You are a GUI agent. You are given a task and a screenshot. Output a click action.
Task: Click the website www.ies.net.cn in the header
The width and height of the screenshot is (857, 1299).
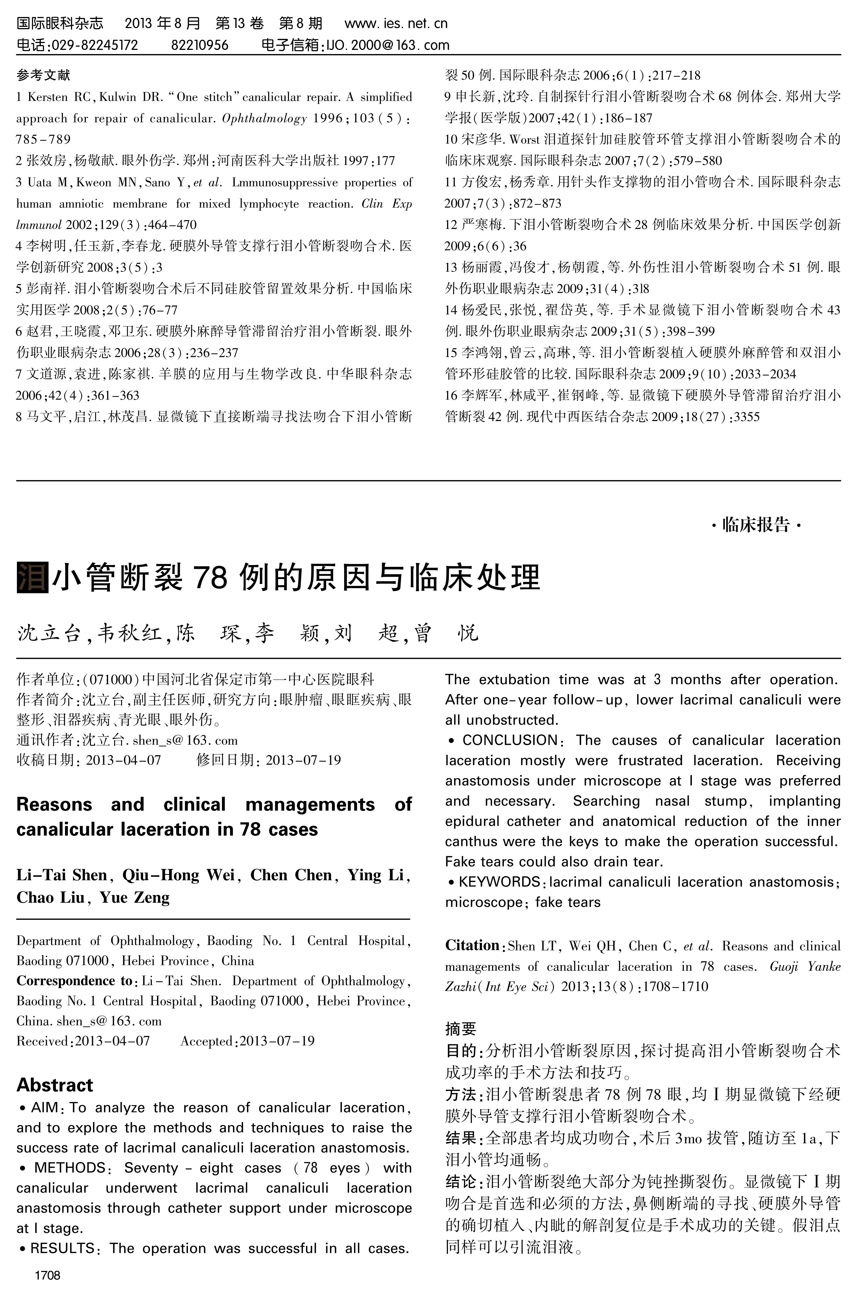click(x=396, y=23)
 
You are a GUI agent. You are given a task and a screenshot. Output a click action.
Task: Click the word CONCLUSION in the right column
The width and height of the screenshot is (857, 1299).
click(x=509, y=740)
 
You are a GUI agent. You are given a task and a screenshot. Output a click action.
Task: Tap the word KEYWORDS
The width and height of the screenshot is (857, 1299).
click(x=499, y=882)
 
